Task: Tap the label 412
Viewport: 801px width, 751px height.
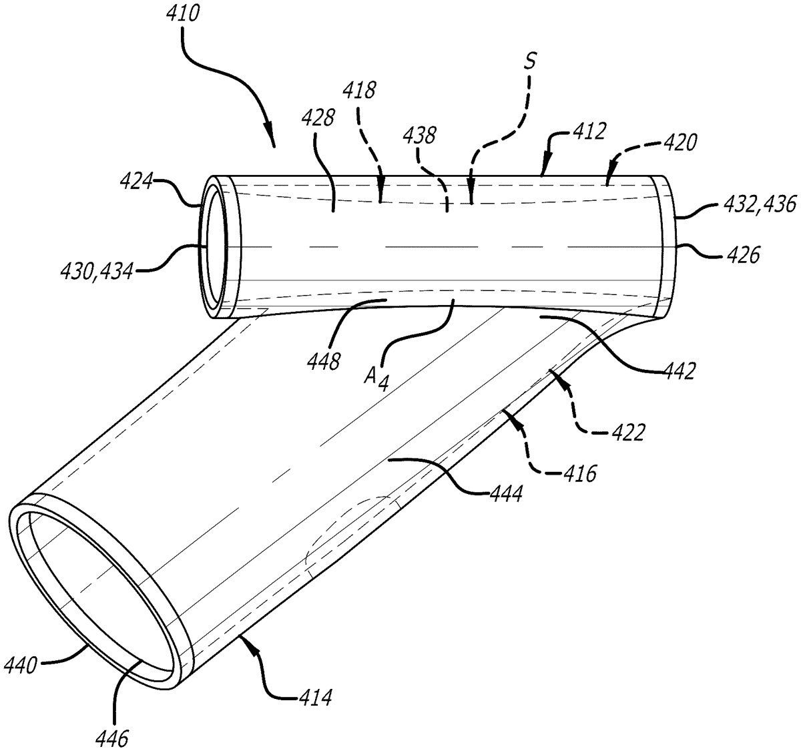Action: point(588,132)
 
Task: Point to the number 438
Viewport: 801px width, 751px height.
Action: point(419,136)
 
